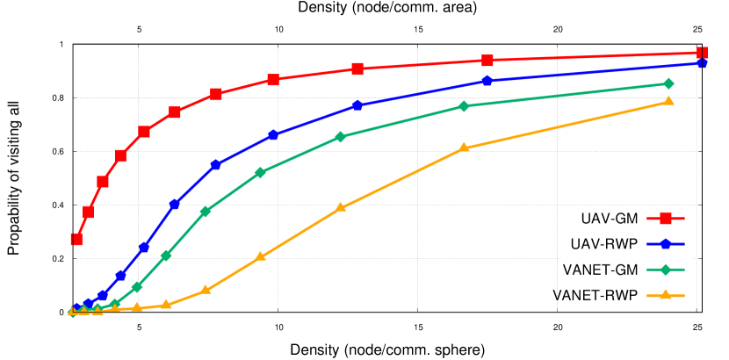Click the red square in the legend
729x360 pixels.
[666, 219]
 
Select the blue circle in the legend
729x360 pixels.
[666, 243]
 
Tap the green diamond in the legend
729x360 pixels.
[666, 269]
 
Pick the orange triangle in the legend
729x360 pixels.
[666, 294]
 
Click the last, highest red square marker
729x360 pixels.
[702, 53]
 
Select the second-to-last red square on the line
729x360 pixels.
[487, 61]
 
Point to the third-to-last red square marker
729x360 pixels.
[357, 68]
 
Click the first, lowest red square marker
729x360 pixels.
[76, 239]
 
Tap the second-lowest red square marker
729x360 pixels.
[88, 212]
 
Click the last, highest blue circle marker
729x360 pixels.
[702, 63]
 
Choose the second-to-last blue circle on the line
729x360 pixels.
[487, 81]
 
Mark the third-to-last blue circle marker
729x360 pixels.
[357, 105]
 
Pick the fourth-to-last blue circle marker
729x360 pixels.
[273, 135]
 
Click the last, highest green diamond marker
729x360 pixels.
[668, 83]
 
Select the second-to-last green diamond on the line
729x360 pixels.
[464, 105]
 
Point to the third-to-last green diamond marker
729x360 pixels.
[341, 137]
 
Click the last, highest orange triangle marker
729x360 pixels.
[668, 101]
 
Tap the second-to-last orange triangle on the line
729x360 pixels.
[464, 148]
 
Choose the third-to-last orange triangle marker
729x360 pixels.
[342, 207]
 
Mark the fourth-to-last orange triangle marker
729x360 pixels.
[260, 256]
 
